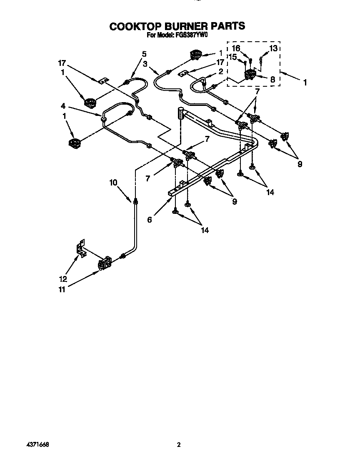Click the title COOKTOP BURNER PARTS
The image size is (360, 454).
177,26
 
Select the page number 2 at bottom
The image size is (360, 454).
179,445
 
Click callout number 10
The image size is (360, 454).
113,182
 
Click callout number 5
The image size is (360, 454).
144,53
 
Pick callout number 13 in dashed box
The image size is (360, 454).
273,48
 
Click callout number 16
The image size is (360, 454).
236,48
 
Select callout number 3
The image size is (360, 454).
145,64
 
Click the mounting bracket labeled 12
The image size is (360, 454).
81,249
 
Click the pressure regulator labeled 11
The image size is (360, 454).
105,263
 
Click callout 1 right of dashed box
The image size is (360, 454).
305,83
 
